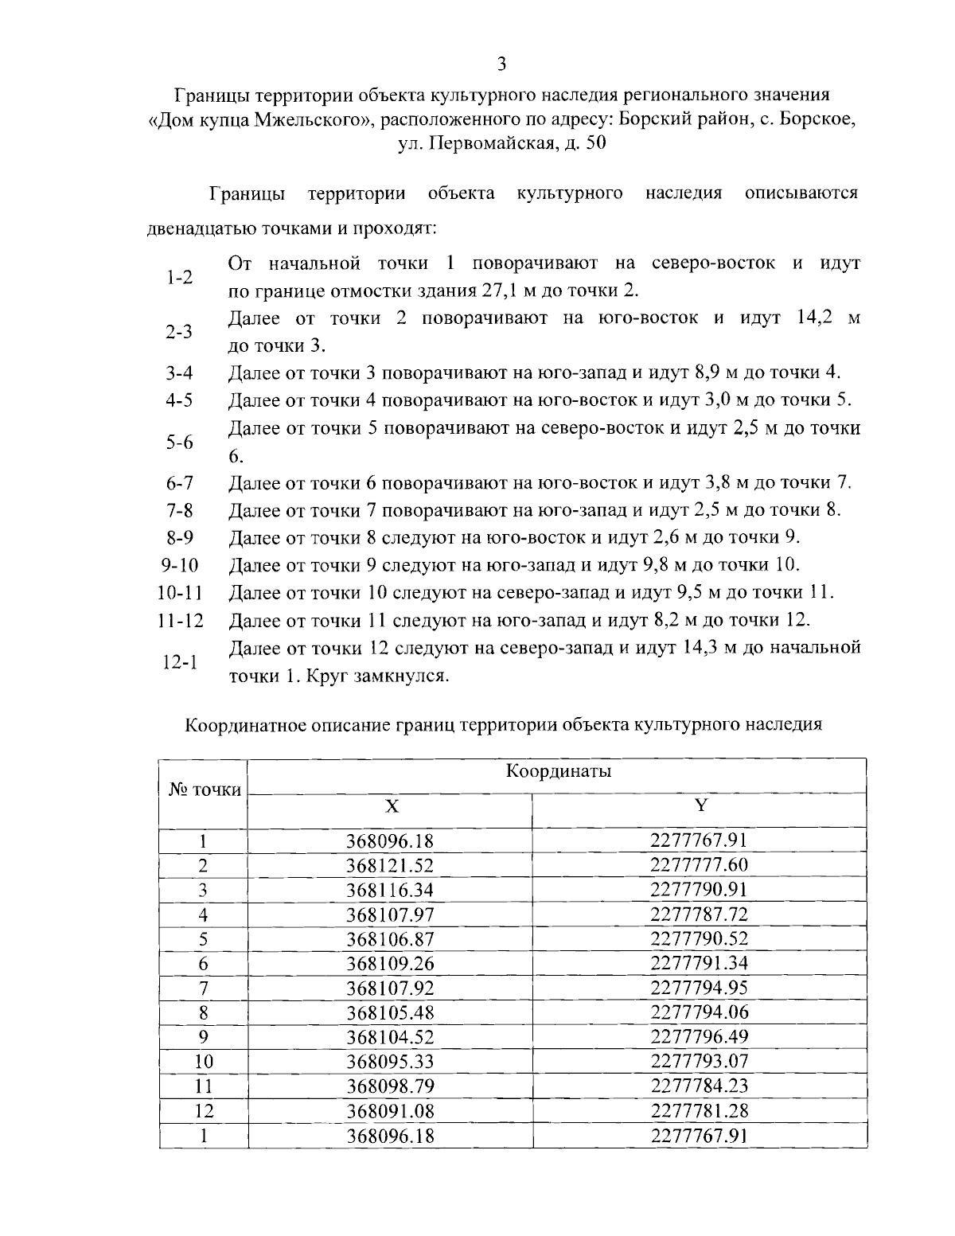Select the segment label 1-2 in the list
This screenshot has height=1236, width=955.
[x=179, y=277]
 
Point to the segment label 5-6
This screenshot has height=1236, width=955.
[x=179, y=443]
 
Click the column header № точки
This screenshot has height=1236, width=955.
[x=204, y=790]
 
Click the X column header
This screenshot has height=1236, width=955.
[x=392, y=805]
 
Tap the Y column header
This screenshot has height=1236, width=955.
[x=700, y=805]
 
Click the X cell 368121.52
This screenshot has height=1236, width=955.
[x=390, y=865]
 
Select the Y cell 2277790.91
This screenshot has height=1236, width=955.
[x=699, y=889]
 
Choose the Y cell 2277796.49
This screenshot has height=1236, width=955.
[x=699, y=1037]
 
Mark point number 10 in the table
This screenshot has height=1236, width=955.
[x=204, y=1062]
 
